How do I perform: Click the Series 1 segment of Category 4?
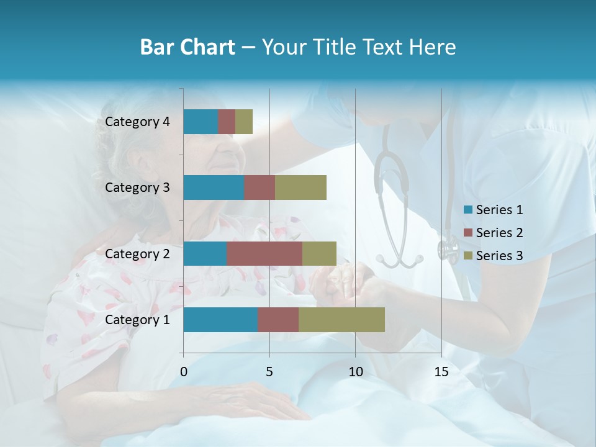click(201, 122)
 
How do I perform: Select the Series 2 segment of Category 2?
click(264, 253)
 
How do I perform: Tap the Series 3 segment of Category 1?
click(341, 320)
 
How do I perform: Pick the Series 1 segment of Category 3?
click(214, 187)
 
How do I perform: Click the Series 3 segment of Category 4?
click(244, 122)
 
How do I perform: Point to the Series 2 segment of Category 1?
click(278, 320)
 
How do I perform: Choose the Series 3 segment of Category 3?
click(300, 187)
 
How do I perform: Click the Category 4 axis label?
click(137, 122)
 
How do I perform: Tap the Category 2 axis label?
click(137, 253)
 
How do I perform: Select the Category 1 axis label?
click(137, 320)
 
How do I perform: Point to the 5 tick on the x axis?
click(269, 372)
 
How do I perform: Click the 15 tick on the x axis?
click(441, 372)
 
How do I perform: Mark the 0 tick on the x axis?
click(184, 372)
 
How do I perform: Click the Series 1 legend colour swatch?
click(467, 210)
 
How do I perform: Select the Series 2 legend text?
click(499, 233)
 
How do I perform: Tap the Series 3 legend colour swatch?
click(467, 256)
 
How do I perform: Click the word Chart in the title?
click(204, 47)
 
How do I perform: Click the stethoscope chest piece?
click(448, 250)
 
